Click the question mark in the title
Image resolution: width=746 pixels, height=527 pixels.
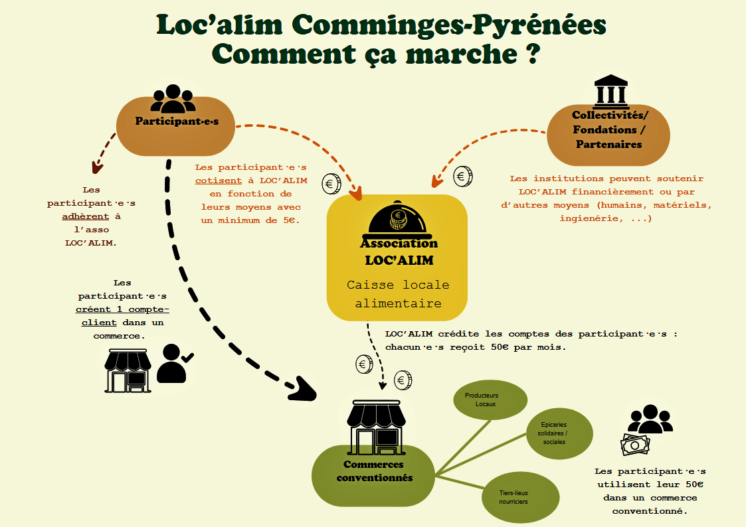529,53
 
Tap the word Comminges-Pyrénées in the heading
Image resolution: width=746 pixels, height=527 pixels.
448,25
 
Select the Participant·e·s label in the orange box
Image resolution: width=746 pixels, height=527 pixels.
177,121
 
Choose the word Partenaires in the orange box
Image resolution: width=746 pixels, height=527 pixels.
608,144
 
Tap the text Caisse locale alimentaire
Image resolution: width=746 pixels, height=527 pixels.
398,294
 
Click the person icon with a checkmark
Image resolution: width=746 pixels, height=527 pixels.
173,363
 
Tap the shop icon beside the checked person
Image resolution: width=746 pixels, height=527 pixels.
128,370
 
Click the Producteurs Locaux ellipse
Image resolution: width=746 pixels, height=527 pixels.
490,400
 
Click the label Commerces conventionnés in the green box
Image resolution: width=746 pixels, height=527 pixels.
374,471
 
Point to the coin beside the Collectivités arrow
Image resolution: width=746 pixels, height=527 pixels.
463,176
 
